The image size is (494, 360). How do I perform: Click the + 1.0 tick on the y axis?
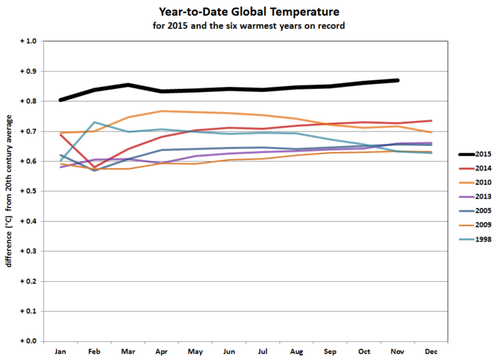26,42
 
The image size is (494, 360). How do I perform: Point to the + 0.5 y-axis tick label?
26,191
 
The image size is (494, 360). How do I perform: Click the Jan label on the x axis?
61,351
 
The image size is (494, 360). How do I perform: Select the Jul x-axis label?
263,351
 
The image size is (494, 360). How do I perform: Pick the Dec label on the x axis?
432,351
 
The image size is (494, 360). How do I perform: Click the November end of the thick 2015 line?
397,80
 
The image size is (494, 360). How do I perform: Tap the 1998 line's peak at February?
95,122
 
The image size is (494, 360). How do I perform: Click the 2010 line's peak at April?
162,111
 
